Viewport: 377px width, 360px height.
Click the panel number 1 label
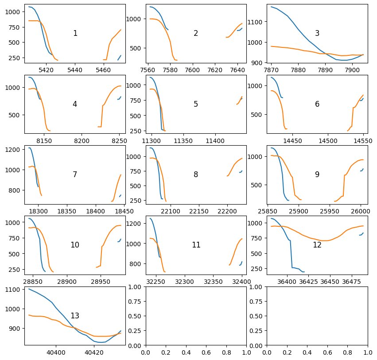(x=75, y=33)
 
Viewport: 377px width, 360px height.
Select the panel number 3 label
(x=317, y=33)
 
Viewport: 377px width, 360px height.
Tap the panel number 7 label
(x=75, y=174)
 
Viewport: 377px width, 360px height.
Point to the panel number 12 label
(x=317, y=245)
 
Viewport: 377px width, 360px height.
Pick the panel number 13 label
(x=75, y=316)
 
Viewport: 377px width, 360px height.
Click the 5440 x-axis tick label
(x=75, y=70)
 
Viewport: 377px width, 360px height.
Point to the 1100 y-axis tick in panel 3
(x=258, y=22)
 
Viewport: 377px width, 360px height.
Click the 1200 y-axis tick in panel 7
(x=13, y=149)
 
